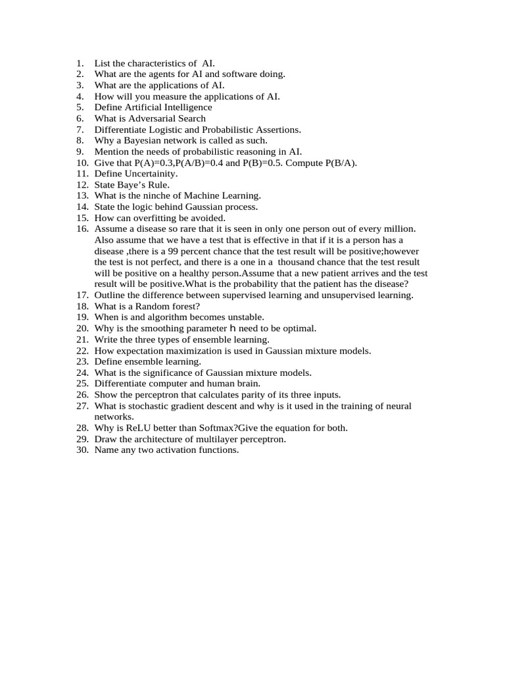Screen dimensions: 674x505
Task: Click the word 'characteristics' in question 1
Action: pyautogui.click(x=156, y=63)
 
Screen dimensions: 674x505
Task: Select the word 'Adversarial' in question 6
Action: pyautogui.click(x=146, y=118)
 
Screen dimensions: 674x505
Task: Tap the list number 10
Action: pyautogui.click(x=82, y=163)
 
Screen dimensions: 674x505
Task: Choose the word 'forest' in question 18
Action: pyautogui.click(x=183, y=306)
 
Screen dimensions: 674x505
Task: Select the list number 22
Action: pyautogui.click(x=82, y=351)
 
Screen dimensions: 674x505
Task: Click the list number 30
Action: pyautogui.click(x=82, y=450)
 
